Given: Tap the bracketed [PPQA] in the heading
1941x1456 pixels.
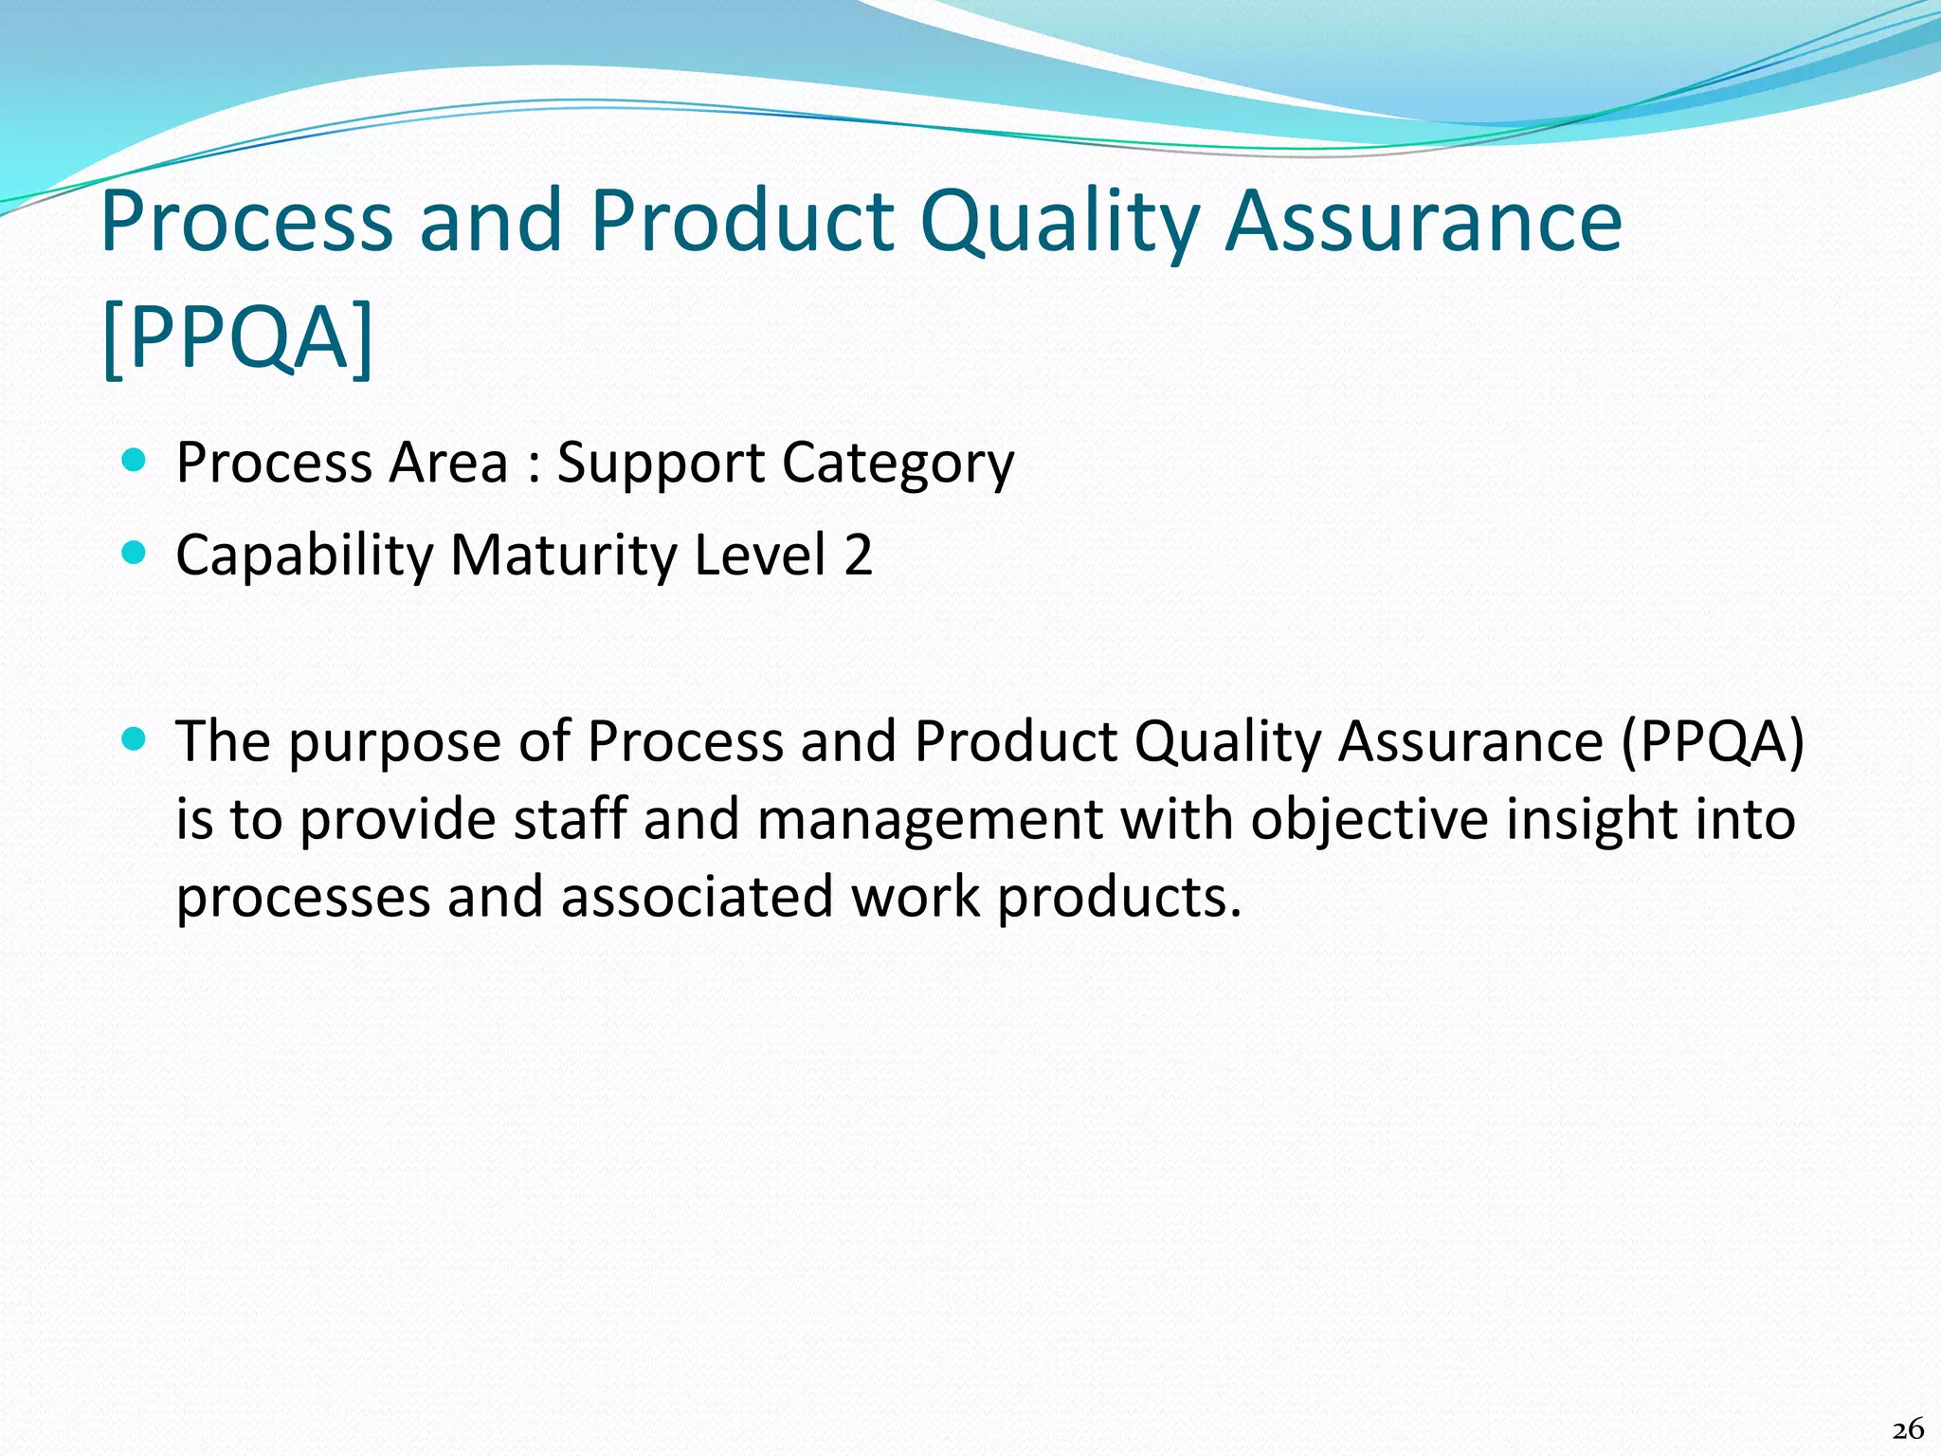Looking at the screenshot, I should pyautogui.click(x=237, y=337).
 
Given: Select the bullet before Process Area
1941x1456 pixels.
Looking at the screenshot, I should pyautogui.click(x=135, y=462).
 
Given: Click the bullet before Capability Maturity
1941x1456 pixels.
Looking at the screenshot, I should pyautogui.click(x=135, y=553).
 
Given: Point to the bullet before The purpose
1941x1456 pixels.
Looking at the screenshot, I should pyautogui.click(x=135, y=738).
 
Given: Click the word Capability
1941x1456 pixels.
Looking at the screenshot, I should pyautogui.click(x=303, y=556).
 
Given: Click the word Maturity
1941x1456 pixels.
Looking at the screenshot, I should pyautogui.click(x=563, y=556).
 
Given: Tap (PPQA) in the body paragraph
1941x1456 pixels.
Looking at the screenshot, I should pyautogui.click(x=1712, y=741).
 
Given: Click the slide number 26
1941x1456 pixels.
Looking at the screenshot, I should pyautogui.click(x=1907, y=1429).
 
